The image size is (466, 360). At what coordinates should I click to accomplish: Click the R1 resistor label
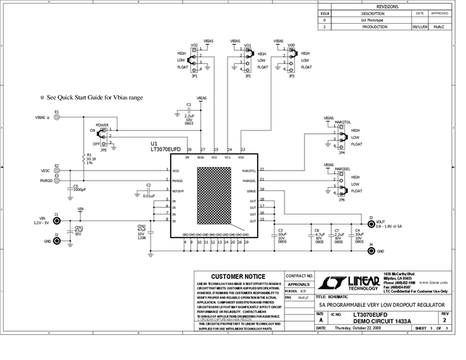pos(89,155)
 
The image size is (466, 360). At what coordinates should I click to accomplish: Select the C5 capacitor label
pos(75,186)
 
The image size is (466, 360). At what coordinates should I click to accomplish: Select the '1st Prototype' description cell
pos(372,20)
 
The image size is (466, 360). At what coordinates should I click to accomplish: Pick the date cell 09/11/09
pos(419,27)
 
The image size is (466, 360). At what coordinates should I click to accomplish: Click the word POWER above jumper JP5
pos(102,125)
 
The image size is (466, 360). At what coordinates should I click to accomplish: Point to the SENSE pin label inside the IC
pos(250,191)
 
